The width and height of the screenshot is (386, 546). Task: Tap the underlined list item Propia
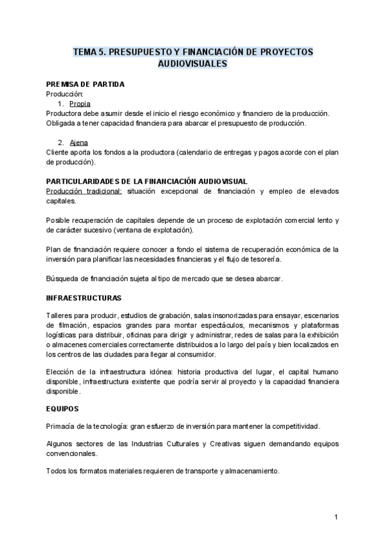pyautogui.click(x=80, y=104)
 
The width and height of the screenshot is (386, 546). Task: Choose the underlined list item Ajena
pyautogui.click(x=78, y=142)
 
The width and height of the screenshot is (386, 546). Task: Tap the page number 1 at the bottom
pyautogui.click(x=336, y=517)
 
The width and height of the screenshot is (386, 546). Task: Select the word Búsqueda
pyautogui.click(x=63, y=278)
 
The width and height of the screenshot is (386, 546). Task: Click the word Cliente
pyautogui.click(x=58, y=153)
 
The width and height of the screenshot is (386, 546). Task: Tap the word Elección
pyautogui.click(x=61, y=372)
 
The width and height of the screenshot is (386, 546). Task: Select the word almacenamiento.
pyautogui.click(x=250, y=471)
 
